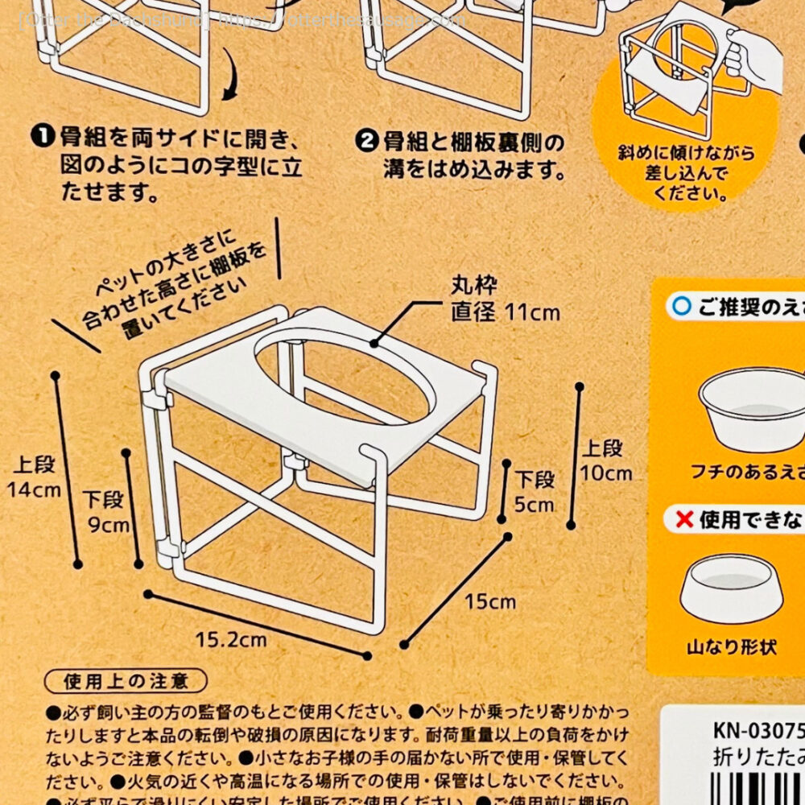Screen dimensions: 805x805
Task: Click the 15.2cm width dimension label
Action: (230, 640)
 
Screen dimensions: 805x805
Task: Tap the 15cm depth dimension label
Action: (490, 601)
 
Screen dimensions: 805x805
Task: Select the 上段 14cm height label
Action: (35, 477)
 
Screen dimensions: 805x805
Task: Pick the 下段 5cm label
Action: (535, 492)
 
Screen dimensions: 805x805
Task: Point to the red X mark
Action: (684, 519)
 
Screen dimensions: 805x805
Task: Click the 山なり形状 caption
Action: (732, 646)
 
